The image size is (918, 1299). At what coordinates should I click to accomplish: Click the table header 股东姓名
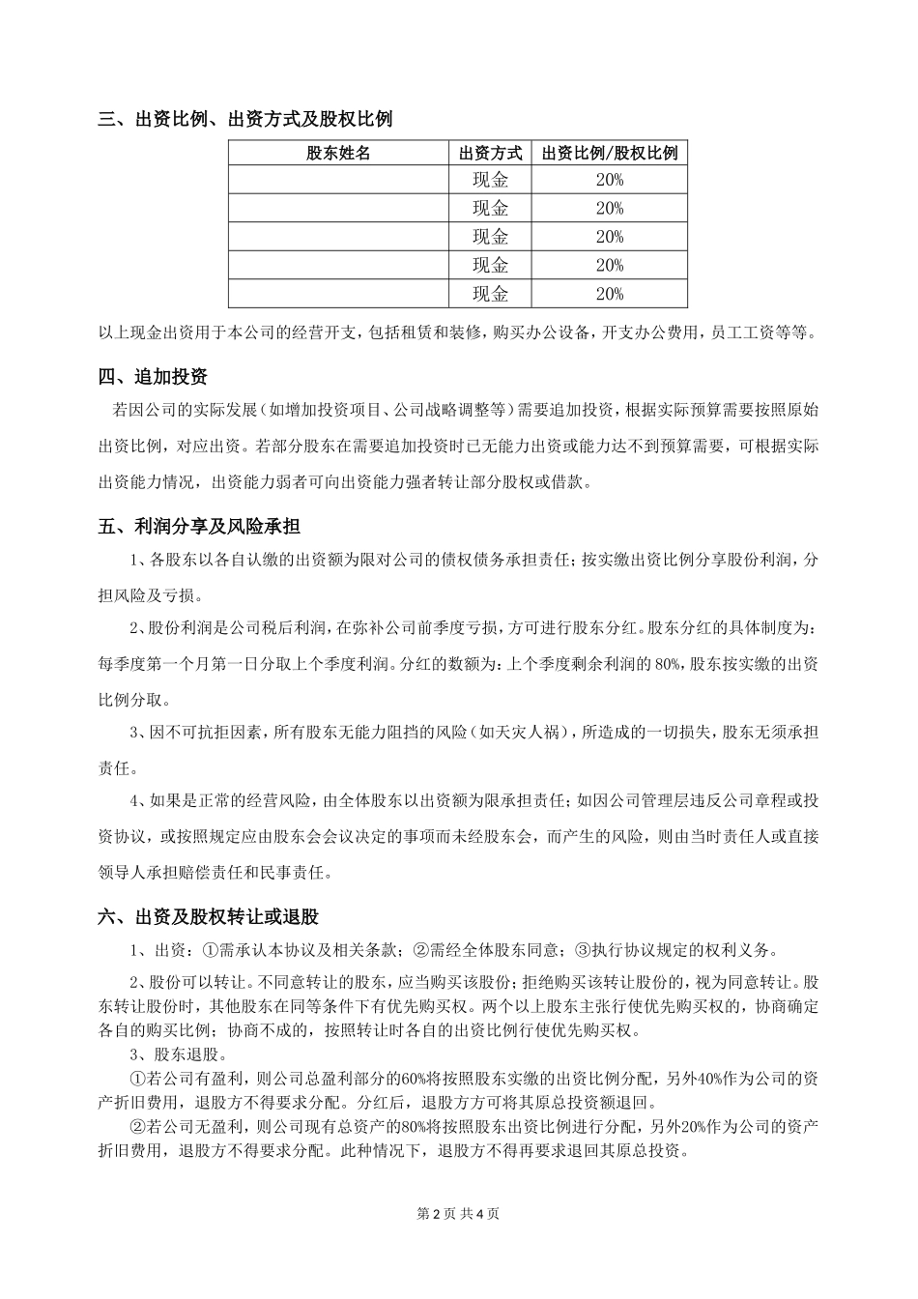pos(338,153)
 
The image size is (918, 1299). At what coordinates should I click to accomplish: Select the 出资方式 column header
pos(490,153)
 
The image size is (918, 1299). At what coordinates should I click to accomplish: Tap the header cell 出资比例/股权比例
pos(610,153)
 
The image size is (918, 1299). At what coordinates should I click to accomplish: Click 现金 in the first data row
pos(490,180)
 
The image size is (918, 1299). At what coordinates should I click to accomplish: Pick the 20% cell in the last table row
pos(610,294)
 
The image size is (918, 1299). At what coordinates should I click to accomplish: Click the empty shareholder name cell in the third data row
pos(338,237)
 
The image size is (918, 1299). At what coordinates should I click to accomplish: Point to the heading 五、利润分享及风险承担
pos(199,527)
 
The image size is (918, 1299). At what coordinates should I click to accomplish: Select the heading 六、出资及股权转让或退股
pos(209,916)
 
